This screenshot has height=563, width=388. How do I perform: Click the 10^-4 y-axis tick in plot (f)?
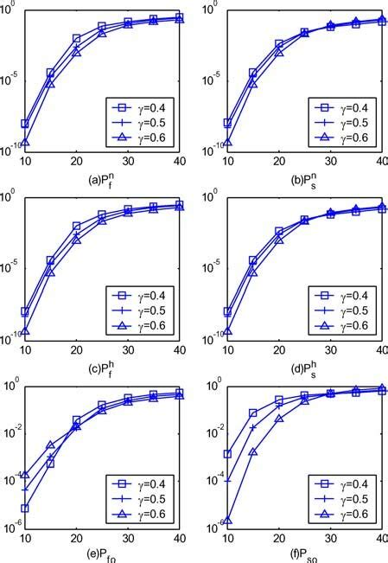tap(216, 477)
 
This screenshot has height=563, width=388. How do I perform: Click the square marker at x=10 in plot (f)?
tap(228, 454)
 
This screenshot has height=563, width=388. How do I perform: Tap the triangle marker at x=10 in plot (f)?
tap(228, 522)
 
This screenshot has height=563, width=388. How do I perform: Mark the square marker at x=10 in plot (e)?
tap(25, 508)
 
